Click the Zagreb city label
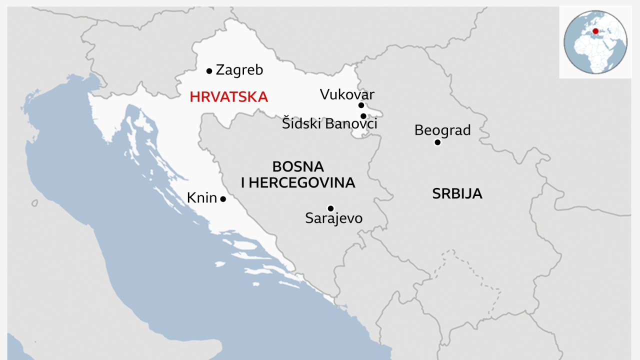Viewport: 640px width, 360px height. click(x=239, y=70)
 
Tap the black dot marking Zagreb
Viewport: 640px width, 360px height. click(x=209, y=71)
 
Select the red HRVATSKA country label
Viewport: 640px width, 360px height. click(x=228, y=97)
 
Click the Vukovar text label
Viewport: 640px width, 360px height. click(x=347, y=94)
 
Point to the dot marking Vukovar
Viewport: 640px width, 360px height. click(x=361, y=105)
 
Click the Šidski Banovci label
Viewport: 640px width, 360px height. click(x=329, y=124)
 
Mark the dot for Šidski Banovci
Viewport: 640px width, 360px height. click(x=363, y=116)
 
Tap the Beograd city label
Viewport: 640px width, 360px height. click(x=442, y=130)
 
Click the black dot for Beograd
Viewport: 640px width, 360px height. click(x=437, y=142)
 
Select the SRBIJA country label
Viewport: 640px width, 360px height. click(x=457, y=194)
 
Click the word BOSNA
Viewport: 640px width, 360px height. click(x=298, y=166)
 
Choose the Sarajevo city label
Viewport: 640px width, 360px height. click(x=333, y=218)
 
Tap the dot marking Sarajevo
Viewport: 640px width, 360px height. click(x=330, y=208)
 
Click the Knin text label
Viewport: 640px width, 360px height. click(x=201, y=198)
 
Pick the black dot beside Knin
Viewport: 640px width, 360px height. click(x=223, y=199)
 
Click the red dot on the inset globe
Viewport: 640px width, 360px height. click(x=595, y=31)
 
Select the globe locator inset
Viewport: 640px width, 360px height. click(x=595, y=42)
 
